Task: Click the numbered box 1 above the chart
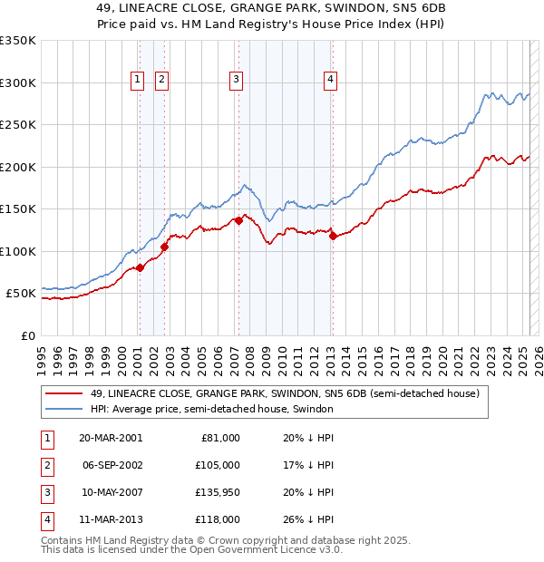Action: (x=137, y=80)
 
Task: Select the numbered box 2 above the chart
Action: (x=161, y=80)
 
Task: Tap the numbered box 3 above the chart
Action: (x=236, y=80)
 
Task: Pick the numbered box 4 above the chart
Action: (x=330, y=80)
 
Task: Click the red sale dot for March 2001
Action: (x=141, y=267)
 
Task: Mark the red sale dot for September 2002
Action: (x=164, y=247)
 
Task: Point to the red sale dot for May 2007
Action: (x=238, y=220)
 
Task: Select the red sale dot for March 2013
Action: (x=333, y=237)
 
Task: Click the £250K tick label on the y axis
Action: (x=18, y=125)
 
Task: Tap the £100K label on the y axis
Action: (x=18, y=251)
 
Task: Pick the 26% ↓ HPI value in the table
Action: (x=307, y=519)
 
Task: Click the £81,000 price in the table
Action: (x=219, y=438)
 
